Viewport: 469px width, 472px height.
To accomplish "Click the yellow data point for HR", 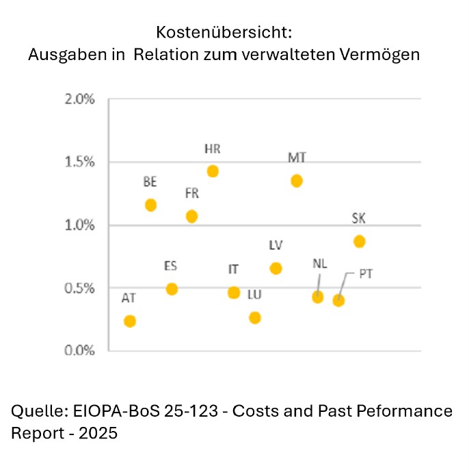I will [213, 171].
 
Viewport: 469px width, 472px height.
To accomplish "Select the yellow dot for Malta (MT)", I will [297, 180].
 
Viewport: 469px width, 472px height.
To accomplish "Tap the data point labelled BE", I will [151, 205].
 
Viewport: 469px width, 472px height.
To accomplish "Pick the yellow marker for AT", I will [130, 321].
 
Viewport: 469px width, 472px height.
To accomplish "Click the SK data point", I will [360, 241].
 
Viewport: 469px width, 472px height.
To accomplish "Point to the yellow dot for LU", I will [255, 318].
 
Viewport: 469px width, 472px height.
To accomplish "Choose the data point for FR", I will [192, 217].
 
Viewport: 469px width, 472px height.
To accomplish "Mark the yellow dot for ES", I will [172, 289].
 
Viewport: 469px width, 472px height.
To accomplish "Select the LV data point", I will [276, 268].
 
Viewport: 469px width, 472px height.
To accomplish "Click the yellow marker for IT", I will [234, 292].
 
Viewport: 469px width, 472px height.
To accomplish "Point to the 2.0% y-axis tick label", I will [80, 100].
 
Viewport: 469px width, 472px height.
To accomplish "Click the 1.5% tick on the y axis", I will [80, 163].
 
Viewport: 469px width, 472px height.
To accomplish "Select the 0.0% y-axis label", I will [80, 350].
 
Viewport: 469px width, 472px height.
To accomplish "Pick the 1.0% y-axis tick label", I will [80, 225].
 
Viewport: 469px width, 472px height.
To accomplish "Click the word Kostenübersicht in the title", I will [224, 32].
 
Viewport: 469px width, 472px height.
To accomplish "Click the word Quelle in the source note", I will [34, 411].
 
